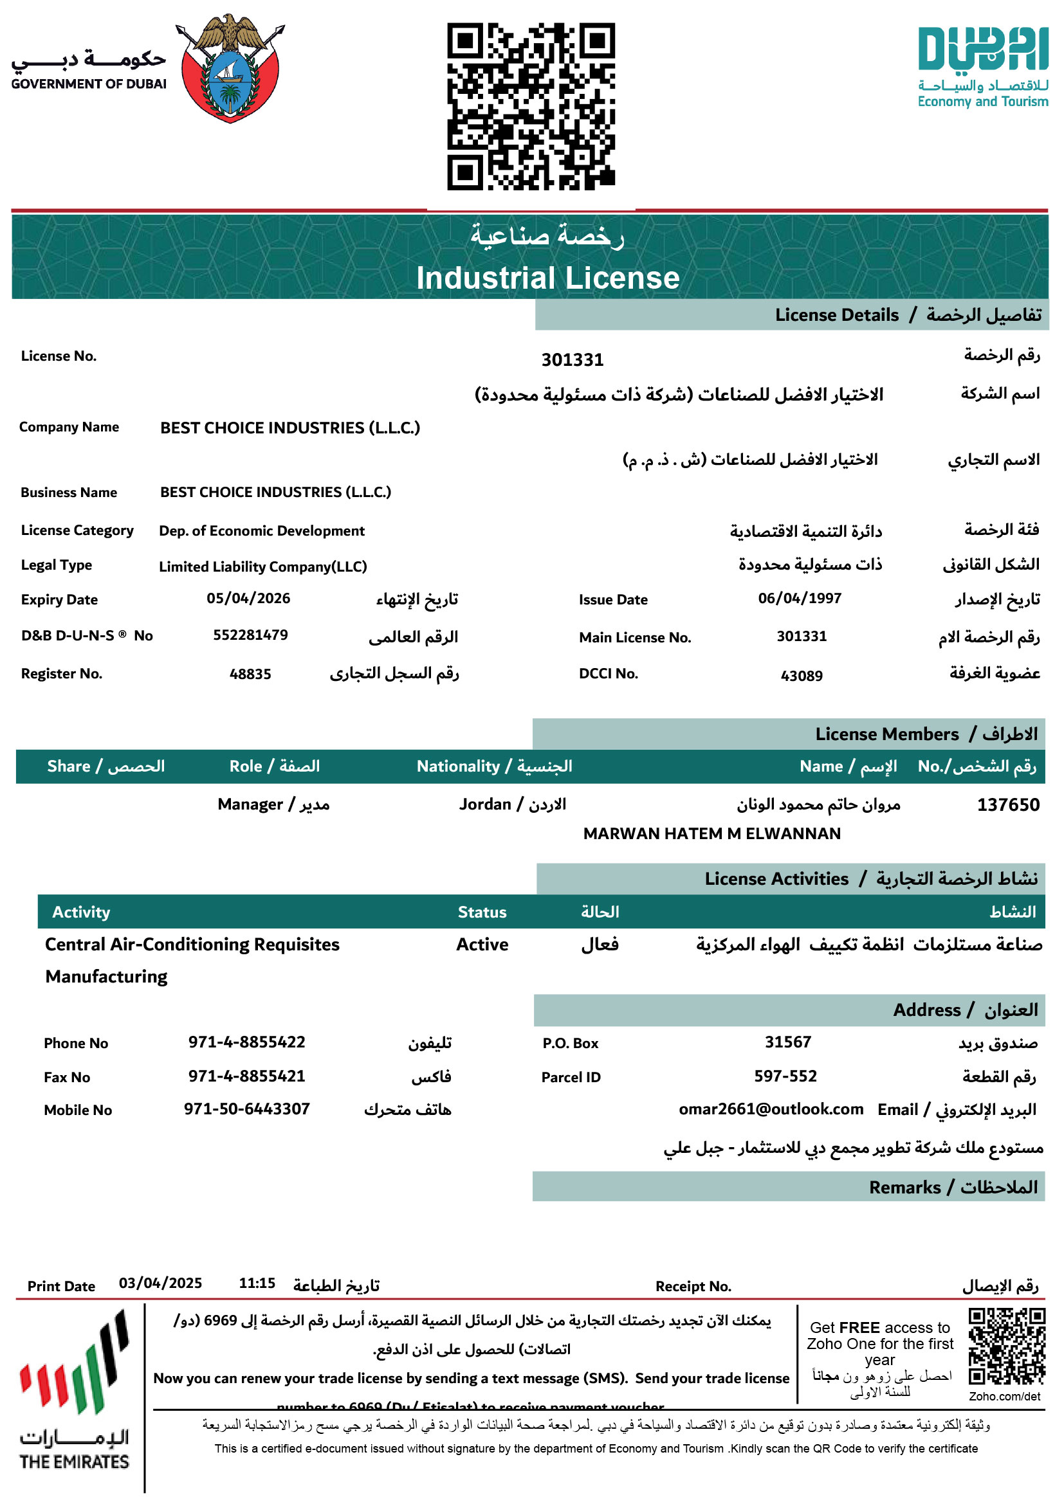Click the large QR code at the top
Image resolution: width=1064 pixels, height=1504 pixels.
coord(531,106)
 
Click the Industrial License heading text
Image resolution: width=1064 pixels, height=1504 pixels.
coord(547,278)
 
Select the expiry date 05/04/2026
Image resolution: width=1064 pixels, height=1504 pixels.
coord(248,598)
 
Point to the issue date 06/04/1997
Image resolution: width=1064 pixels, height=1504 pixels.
coord(800,598)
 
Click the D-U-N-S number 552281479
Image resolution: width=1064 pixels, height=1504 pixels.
coord(250,635)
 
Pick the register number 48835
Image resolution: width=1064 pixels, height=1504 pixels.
coord(250,673)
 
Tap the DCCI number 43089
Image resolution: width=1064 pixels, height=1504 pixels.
coord(802,675)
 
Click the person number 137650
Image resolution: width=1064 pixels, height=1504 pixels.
coord(1007,804)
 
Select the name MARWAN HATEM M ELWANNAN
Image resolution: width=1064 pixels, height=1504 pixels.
coord(711,833)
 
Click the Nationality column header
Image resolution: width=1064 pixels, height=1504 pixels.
coord(494,766)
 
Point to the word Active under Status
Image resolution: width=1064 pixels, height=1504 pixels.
coord(482,944)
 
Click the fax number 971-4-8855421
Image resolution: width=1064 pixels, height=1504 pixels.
coord(247,1076)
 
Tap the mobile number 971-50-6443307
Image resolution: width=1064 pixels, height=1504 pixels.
coord(247,1109)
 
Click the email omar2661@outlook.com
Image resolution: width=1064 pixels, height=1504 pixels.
coord(771,1109)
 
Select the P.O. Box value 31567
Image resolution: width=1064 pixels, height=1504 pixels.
coord(787,1042)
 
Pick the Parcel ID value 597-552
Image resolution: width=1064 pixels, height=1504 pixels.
coord(785,1076)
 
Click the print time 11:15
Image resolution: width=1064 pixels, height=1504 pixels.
coord(257,1283)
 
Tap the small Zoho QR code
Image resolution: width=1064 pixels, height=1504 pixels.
coord(1006,1347)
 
